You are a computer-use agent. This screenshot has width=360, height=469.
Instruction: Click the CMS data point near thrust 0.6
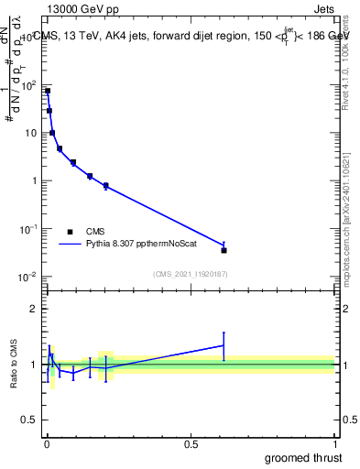[224, 250]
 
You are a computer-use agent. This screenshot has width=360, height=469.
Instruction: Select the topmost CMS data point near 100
[48, 91]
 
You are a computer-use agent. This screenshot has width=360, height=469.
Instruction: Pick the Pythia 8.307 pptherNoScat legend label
[136, 245]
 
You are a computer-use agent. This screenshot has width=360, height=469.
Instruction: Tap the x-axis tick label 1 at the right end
[334, 445]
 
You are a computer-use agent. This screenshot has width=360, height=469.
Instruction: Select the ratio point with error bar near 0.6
[224, 345]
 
